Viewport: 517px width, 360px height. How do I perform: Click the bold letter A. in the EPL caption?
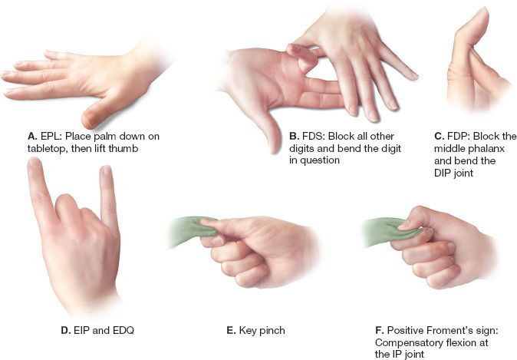[x=32, y=137]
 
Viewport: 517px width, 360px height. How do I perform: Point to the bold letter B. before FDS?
[x=294, y=137]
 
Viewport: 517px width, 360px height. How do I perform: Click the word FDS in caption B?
[x=314, y=137]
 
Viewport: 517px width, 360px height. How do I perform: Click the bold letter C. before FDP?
[x=439, y=137]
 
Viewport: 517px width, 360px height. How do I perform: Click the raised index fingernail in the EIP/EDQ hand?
[x=33, y=162]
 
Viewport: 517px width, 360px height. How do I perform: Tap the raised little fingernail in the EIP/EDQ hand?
[x=106, y=170]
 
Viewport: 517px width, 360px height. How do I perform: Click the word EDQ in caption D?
[x=123, y=330]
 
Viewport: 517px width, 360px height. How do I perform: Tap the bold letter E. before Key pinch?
[x=231, y=330]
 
